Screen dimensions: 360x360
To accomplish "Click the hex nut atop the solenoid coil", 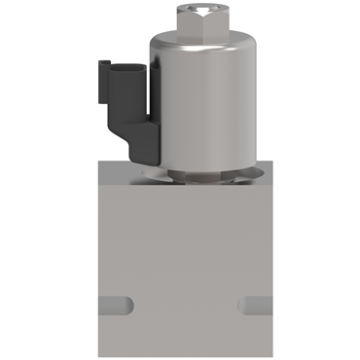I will pyautogui.click(x=201, y=20).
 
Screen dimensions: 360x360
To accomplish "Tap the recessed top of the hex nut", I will pyautogui.click(x=201, y=10).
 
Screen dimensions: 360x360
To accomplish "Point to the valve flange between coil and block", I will pyautogui.click(x=202, y=176).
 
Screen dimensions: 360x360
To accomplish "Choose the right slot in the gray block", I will pyautogui.click(x=255, y=305).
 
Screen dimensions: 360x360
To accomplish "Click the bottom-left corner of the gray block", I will pyautogui.click(x=98, y=357).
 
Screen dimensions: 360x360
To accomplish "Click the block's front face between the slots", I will pyautogui.click(x=187, y=305).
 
